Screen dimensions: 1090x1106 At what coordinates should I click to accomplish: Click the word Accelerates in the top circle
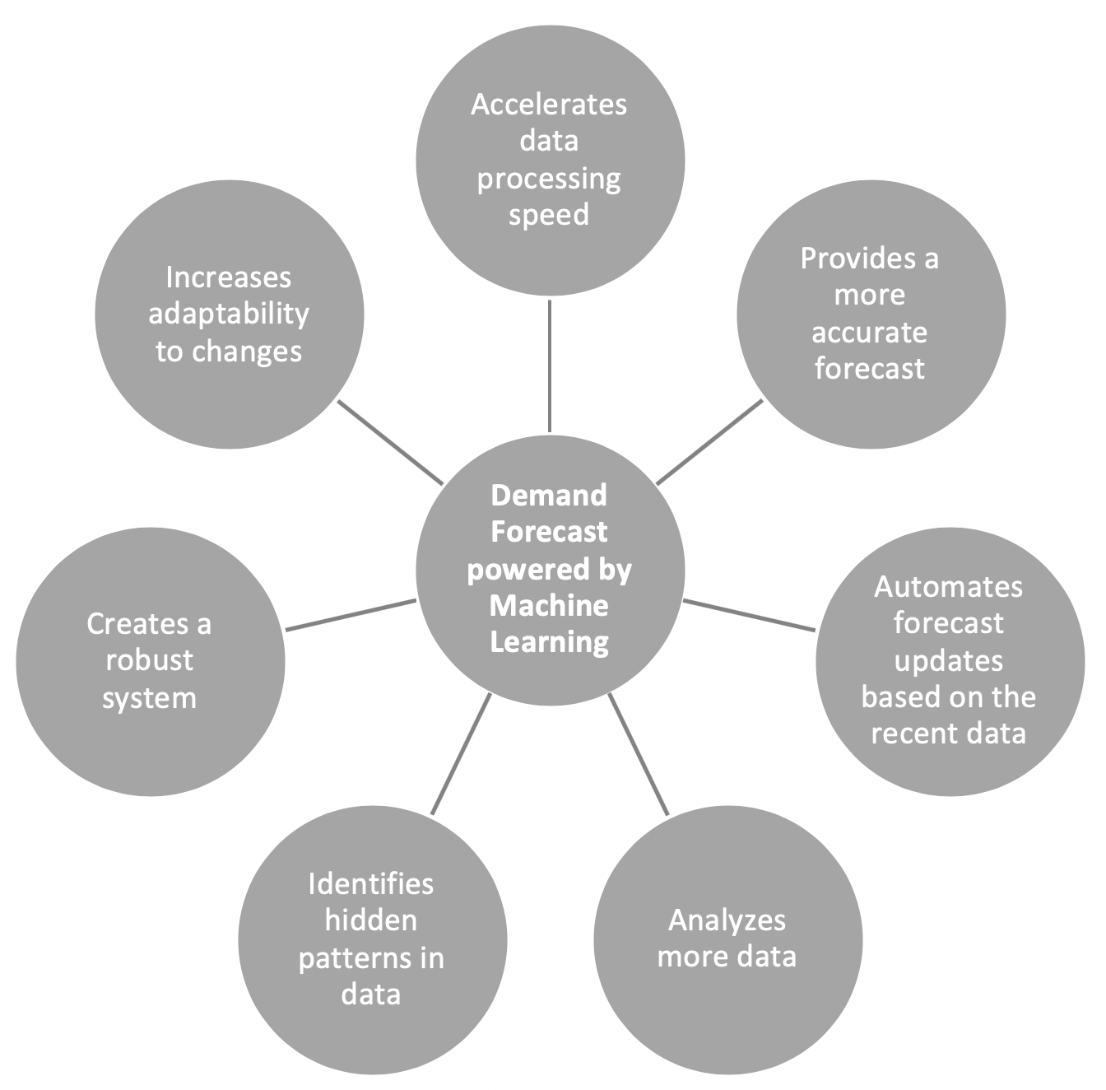pyautogui.click(x=549, y=105)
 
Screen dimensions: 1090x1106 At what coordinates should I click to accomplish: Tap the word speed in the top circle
pyautogui.click(x=549, y=215)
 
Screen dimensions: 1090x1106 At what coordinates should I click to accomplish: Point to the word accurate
pyautogui.click(x=869, y=332)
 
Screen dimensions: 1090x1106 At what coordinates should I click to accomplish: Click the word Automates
pyautogui.click(x=948, y=586)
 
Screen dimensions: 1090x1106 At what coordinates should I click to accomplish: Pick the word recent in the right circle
pyautogui.click(x=911, y=733)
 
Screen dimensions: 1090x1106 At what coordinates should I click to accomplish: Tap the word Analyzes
pyautogui.click(x=727, y=920)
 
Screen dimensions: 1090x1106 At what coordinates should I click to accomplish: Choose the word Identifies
pyautogui.click(x=370, y=883)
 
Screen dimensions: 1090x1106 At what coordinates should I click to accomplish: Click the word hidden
pyautogui.click(x=370, y=920)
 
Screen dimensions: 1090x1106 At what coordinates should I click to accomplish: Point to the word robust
pyautogui.click(x=149, y=660)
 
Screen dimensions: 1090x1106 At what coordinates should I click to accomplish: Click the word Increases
pyautogui.click(x=228, y=277)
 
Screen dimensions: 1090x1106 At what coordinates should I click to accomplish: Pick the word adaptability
pyautogui.click(x=228, y=314)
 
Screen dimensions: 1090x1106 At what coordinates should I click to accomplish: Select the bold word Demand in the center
pyautogui.click(x=549, y=495)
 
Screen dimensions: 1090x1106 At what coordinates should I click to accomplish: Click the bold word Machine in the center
pyautogui.click(x=549, y=605)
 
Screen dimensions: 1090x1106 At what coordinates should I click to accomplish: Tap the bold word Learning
pyautogui.click(x=549, y=641)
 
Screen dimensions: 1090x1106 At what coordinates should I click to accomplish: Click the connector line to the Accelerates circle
pyautogui.click(x=549, y=366)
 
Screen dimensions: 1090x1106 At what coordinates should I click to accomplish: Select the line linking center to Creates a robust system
pyautogui.click(x=351, y=615)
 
